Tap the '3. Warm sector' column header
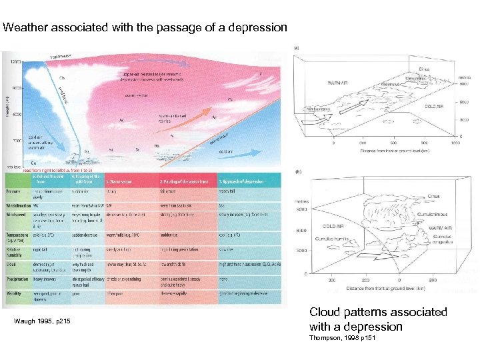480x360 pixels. coord(120,181)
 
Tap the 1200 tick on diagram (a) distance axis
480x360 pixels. coord(456,143)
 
